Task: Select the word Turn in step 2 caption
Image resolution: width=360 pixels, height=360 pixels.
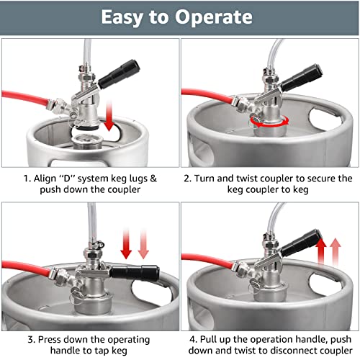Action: [x=207, y=178]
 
